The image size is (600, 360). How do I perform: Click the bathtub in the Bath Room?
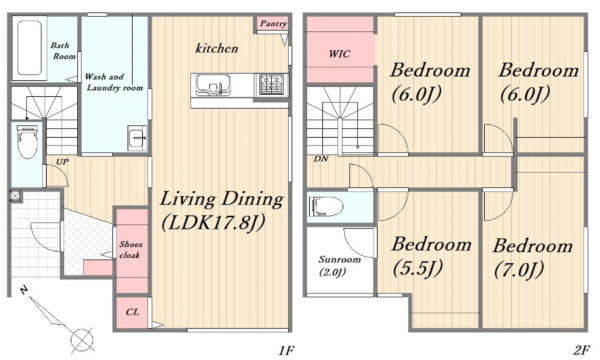pyautogui.click(x=29, y=48)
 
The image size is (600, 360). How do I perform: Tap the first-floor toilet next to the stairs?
pyautogui.click(x=27, y=141)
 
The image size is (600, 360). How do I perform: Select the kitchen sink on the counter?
pyautogui.click(x=213, y=85)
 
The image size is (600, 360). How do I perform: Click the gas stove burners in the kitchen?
pyautogui.click(x=271, y=84)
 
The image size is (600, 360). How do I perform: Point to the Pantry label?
pyautogui.click(x=273, y=24)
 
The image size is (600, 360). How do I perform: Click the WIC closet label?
pyautogui.click(x=339, y=54)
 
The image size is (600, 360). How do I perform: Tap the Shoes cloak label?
pyautogui.click(x=130, y=249)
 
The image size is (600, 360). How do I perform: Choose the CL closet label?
pyautogui.click(x=132, y=312)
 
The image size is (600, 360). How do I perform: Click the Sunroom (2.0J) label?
pyautogui.click(x=339, y=266)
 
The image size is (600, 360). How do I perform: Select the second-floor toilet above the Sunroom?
pyautogui.click(x=325, y=206)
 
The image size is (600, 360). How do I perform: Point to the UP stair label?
pyautogui.click(x=62, y=162)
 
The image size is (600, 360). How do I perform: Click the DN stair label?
pyautogui.click(x=321, y=159)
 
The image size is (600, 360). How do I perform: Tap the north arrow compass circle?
pyautogui.click(x=82, y=339)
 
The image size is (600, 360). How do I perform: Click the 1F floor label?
pyautogui.click(x=286, y=350)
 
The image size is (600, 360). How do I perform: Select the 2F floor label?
pyautogui.click(x=581, y=350)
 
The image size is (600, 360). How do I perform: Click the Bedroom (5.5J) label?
pyautogui.click(x=431, y=256)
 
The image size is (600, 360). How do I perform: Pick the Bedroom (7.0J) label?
pyautogui.click(x=533, y=257)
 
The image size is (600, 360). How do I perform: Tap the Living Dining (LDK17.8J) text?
pyautogui.click(x=222, y=211)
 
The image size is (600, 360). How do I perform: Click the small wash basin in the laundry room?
pyautogui.click(x=137, y=137)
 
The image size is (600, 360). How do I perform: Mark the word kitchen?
pyautogui.click(x=217, y=48)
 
